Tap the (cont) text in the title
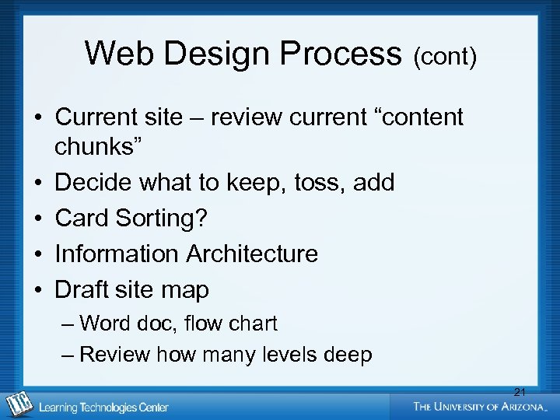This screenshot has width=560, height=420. tap(445, 57)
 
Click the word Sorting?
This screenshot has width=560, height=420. tap(162, 219)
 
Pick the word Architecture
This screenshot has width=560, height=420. tap(252, 254)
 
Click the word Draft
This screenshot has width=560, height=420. tap(83, 289)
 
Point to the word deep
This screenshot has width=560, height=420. tap(348, 355)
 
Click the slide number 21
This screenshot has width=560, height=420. tap(520, 391)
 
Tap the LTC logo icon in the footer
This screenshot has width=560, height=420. tap(18, 404)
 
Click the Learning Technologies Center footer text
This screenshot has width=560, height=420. tap(103, 407)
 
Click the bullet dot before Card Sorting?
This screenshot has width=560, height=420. tap(37, 219)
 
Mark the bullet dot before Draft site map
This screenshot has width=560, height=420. tap(37, 289)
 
